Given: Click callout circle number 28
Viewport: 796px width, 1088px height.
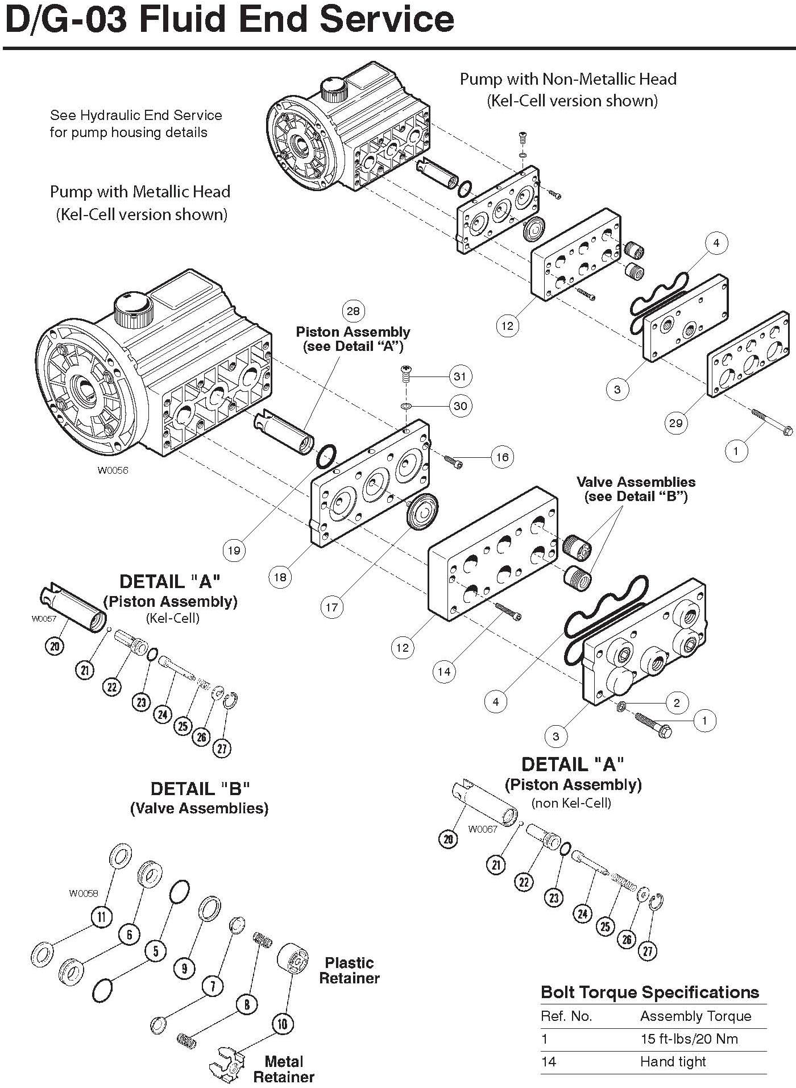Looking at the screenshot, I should tap(353, 311).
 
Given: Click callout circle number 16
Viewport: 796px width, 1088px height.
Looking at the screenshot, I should tap(502, 457).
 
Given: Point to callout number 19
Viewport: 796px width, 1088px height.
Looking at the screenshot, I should tap(234, 550).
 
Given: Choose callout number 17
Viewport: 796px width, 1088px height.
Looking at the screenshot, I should tap(331, 607).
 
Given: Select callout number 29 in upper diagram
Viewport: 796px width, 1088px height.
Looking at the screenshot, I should tap(675, 423).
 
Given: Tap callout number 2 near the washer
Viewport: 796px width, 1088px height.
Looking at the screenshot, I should tap(677, 702).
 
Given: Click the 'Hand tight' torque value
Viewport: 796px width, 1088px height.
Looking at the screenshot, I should tap(673, 1062).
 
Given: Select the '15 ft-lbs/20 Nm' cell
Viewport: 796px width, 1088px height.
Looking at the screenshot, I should tap(689, 1039).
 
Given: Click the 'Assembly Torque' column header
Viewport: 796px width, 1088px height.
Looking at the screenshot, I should tap(695, 1016).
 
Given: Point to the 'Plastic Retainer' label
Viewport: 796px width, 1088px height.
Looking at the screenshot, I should tap(349, 970).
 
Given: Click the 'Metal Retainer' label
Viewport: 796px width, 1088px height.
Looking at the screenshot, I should tap(284, 1069).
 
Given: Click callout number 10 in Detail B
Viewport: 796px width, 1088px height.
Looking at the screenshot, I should tap(283, 1024).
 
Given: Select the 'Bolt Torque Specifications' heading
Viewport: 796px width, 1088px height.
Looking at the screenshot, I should tap(649, 992).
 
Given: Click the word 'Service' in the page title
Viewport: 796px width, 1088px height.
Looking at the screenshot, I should tap(386, 20).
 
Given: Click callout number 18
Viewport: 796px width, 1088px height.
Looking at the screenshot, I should tap(280, 577).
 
